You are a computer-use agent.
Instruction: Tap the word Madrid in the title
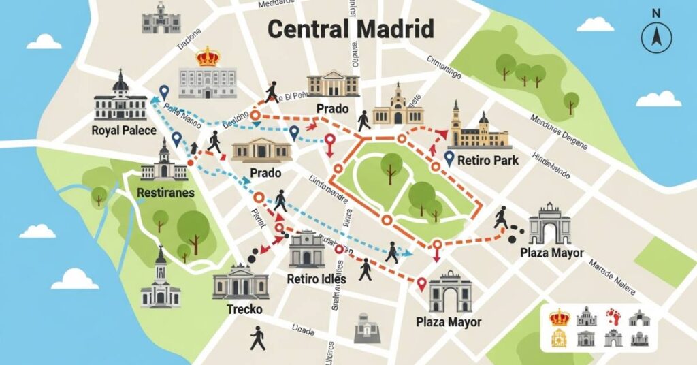[395, 30]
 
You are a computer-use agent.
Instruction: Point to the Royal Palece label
[125, 131]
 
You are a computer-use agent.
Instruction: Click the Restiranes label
[165, 193]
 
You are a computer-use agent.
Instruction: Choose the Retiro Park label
[488, 161]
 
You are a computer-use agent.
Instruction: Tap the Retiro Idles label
[317, 279]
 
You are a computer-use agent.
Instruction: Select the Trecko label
[244, 309]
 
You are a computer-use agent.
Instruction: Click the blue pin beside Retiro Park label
[449, 158]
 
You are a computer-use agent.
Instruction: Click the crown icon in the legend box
[559, 317]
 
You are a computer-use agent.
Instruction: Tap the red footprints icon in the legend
[613, 317]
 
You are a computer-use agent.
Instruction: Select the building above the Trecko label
[240, 282]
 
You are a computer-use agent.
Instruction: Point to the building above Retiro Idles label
[306, 249]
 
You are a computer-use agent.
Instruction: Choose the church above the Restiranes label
[164, 163]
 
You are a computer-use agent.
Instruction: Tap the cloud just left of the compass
[596, 25]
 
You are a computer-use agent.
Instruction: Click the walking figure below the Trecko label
[257, 338]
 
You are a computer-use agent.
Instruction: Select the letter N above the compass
[656, 13]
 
